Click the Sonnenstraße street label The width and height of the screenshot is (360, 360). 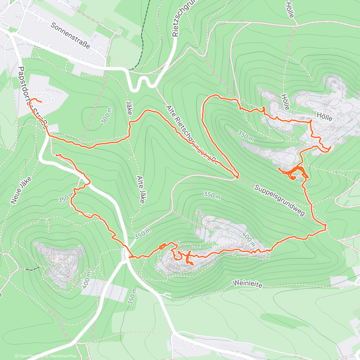tap(70, 35)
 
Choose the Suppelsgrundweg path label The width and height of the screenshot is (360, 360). tap(279, 200)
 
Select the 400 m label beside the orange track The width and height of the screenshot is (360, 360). tap(248, 239)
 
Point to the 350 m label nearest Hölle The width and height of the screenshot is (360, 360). tap(246, 136)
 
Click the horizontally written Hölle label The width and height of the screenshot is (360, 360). tap(324, 117)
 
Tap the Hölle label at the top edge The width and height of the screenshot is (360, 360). tap(289, 10)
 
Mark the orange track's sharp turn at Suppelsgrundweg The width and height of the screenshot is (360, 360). tap(238, 176)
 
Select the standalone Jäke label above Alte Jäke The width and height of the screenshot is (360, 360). tap(129, 108)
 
